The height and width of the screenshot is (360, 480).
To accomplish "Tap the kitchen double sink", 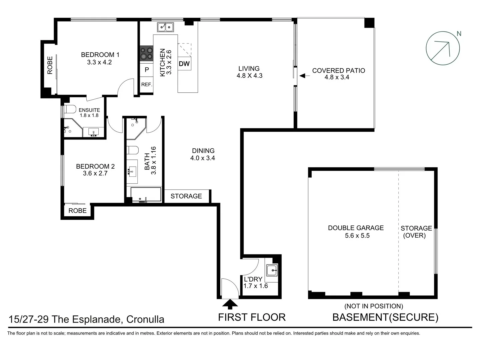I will tap(165, 27).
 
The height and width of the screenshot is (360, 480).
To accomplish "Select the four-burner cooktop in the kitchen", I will tap(146, 53).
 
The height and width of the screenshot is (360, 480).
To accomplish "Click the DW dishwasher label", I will tap(184, 64).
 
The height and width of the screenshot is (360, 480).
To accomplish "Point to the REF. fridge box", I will tap(146, 85).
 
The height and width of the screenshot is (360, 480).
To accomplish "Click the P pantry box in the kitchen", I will tap(146, 70).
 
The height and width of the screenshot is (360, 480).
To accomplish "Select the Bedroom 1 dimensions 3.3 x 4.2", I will tap(99, 62).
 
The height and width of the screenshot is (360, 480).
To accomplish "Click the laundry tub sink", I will tap(272, 270).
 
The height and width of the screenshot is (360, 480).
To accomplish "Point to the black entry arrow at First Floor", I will tap(230, 304).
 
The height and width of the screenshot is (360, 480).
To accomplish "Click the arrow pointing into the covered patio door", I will tap(304, 76).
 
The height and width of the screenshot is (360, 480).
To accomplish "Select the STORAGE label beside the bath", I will tap(186, 196).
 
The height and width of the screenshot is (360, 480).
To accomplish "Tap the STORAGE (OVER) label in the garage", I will tap(416, 232).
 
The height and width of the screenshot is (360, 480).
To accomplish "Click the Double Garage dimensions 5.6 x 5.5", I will tap(357, 236).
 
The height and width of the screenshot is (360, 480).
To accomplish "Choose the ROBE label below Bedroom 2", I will tap(77, 211).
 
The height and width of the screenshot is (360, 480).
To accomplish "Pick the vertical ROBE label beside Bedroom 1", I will tap(50, 65).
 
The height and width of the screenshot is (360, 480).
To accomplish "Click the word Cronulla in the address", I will tap(145, 319).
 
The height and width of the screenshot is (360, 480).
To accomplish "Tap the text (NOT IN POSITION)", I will tap(373, 306).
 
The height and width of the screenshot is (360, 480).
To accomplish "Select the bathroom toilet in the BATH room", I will tap(133, 150).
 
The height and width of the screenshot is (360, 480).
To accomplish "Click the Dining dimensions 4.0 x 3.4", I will tap(202, 158).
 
